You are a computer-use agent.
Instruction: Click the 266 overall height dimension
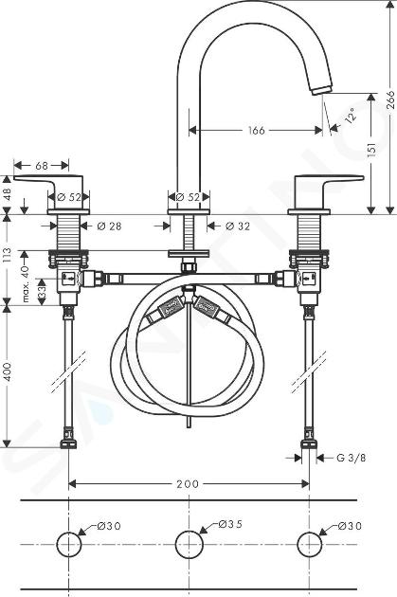pyautogui.click(x=391, y=99)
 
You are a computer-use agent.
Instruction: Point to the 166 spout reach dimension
pyautogui.click(x=256, y=131)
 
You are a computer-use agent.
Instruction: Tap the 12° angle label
pyautogui.click(x=351, y=115)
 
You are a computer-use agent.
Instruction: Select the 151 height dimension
pyautogui.click(x=371, y=148)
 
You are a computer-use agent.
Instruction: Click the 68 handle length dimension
pyautogui.click(x=42, y=166)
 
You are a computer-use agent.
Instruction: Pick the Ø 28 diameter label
pyautogui.click(x=109, y=226)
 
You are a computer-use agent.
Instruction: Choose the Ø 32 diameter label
pyautogui.click(x=238, y=226)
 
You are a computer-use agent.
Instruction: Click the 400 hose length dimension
pyautogui.click(x=8, y=372)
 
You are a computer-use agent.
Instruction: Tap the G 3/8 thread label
pyautogui.click(x=352, y=458)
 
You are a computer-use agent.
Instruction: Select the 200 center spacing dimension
pyautogui.click(x=188, y=484)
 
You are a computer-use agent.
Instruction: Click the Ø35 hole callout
pyautogui.click(x=230, y=524)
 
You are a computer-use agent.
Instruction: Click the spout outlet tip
pyautogui.click(x=321, y=90)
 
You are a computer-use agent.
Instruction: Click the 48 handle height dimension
pyautogui.click(x=8, y=195)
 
